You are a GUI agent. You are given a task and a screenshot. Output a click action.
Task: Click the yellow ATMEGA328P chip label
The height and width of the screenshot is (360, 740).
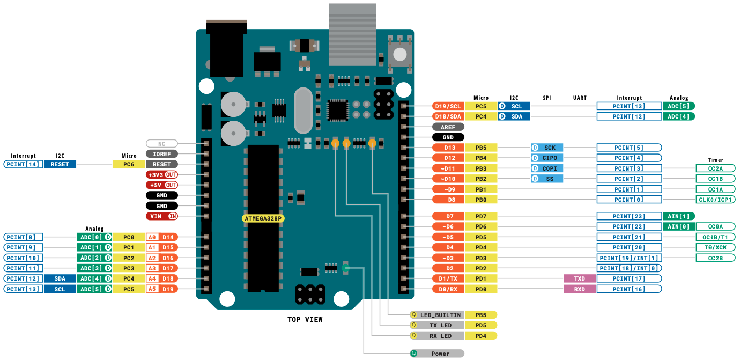pos(263,219)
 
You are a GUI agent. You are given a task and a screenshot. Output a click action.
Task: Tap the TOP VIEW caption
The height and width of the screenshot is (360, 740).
pos(305,320)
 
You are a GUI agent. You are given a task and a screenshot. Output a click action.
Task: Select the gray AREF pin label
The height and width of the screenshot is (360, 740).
pos(448,127)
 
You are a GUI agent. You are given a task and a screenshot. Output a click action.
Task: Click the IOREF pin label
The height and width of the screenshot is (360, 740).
pos(161,154)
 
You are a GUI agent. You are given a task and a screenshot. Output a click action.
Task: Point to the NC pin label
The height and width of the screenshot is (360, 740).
pos(161,144)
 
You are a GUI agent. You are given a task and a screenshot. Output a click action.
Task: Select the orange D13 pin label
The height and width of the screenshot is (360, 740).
pos(448,148)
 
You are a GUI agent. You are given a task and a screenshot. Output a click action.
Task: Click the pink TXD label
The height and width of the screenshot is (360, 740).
pos(580,278)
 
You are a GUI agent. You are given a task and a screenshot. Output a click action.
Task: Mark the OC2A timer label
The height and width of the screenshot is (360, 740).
pos(715,168)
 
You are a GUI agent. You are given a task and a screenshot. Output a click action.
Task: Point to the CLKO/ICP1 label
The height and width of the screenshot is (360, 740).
pos(715,200)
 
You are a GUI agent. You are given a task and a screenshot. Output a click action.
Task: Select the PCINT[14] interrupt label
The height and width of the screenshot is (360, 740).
pos(23,164)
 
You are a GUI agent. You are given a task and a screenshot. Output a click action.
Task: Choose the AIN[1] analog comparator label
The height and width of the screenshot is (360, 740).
pos(678,216)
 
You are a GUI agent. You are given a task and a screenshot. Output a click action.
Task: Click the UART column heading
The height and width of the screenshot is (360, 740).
pos(580,98)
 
